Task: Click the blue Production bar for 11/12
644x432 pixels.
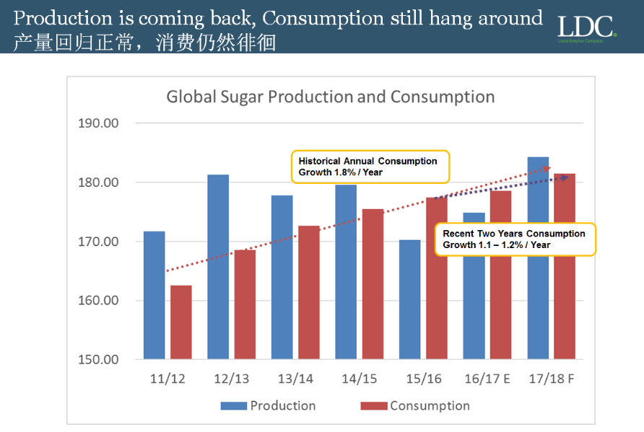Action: pyautogui.click(x=154, y=295)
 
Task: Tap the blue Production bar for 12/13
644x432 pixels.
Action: pyautogui.click(x=218, y=267)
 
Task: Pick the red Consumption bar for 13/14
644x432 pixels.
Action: pyautogui.click(x=308, y=292)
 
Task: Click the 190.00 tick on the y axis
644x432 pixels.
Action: pyautogui.click(x=98, y=123)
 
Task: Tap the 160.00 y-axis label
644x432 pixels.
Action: pyautogui.click(x=98, y=301)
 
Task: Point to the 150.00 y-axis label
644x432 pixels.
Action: pyautogui.click(x=98, y=360)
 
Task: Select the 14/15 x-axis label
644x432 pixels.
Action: pyautogui.click(x=359, y=379)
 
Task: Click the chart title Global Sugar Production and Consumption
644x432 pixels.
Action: pyautogui.click(x=331, y=97)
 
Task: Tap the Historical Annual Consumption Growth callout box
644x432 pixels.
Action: pyautogui.click(x=369, y=167)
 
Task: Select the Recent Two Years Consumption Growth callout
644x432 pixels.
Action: pyautogui.click(x=515, y=239)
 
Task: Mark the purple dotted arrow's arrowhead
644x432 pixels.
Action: pyautogui.click(x=565, y=177)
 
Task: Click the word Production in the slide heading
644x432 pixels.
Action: pyautogui.click(x=64, y=17)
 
